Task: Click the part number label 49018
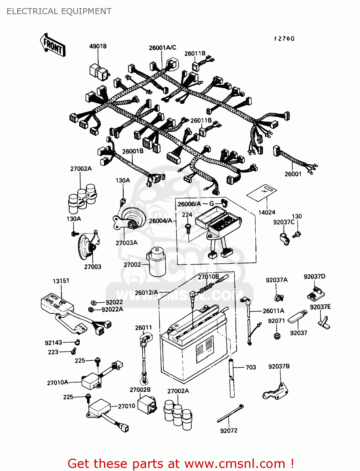pyautogui.click(x=98, y=46)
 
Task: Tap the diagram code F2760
pyautogui.click(x=284, y=39)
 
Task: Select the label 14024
pyautogui.click(x=266, y=212)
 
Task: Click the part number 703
pyautogui.click(x=251, y=367)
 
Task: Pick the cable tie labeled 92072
pyautogui.click(x=231, y=414)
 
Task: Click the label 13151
pyautogui.click(x=61, y=281)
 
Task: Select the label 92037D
pyautogui.click(x=314, y=276)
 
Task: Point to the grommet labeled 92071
pyautogui.click(x=277, y=336)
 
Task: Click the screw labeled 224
pyautogui.click(x=188, y=228)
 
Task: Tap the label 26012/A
pyautogui.click(x=146, y=293)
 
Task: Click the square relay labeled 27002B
pyautogui.click(x=148, y=403)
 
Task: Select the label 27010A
pyautogui.click(x=57, y=382)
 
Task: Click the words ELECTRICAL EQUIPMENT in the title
pyautogui.click(x=59, y=11)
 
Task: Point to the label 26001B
pyautogui.click(x=133, y=151)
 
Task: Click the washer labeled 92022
pyautogui.click(x=94, y=302)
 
